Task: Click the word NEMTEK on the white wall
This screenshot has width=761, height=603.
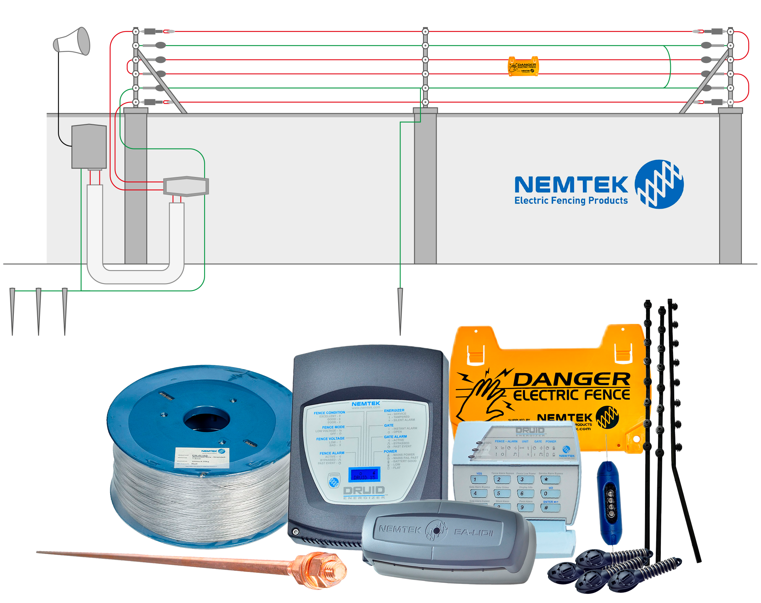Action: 571,185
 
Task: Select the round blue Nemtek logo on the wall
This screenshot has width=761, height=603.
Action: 659,184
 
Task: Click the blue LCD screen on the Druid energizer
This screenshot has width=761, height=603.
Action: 364,475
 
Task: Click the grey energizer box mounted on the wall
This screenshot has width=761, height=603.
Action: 89,146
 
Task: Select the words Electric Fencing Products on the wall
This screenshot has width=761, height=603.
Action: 571,200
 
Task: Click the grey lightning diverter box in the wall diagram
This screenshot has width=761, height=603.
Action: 186,187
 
